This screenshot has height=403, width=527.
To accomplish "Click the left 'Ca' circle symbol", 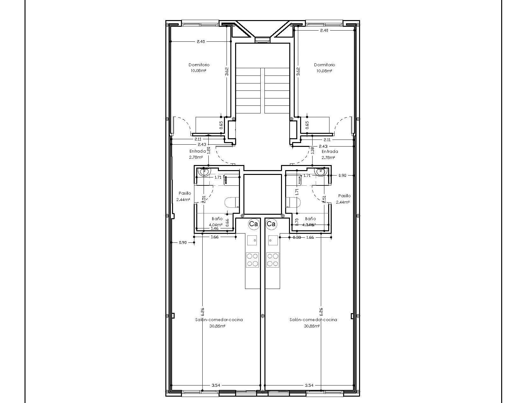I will click(x=254, y=224).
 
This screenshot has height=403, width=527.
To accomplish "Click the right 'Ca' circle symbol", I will click(x=271, y=224).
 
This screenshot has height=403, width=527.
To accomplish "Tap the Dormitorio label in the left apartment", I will click(x=199, y=65).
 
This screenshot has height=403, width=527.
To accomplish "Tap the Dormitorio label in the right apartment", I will click(x=324, y=65).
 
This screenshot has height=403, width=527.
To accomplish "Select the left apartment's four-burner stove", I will click(x=252, y=260).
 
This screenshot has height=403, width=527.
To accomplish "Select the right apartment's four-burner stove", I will click(x=273, y=260).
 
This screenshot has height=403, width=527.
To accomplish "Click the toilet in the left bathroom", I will click(x=232, y=203).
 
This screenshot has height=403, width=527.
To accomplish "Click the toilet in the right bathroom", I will click(x=293, y=203).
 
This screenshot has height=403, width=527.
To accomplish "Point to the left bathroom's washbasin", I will click(x=204, y=172).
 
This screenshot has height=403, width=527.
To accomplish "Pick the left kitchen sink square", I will click(x=252, y=240).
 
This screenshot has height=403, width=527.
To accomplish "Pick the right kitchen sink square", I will click(x=273, y=240).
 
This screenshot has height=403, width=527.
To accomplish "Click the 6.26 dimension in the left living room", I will click(x=203, y=311).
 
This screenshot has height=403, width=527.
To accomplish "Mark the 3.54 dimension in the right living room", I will click(x=309, y=385).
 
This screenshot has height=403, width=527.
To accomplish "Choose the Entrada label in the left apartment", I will click(x=198, y=151).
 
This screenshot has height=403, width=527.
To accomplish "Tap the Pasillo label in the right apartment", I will click(x=344, y=196).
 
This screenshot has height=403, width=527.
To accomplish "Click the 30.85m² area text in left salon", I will click(x=217, y=326).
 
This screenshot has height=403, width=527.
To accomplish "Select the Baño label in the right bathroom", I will click(x=310, y=219).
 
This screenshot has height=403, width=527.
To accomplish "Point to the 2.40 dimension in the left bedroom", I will click(x=201, y=41).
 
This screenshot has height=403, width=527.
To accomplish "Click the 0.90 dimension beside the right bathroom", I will click(x=342, y=175).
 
